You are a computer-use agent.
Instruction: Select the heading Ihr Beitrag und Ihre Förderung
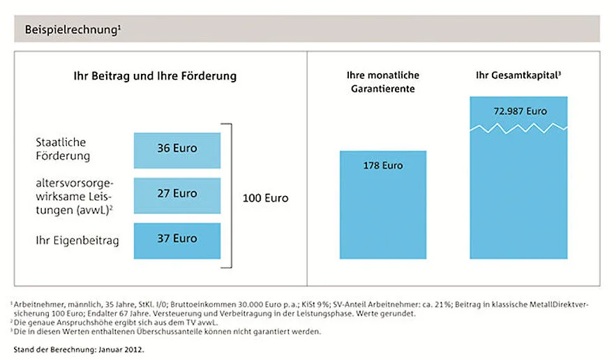click(x=155, y=76)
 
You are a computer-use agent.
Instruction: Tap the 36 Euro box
click(x=177, y=149)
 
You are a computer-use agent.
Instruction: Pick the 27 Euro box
click(x=177, y=193)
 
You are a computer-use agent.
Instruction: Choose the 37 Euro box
click(x=177, y=239)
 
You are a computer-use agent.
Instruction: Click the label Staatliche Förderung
click(x=63, y=149)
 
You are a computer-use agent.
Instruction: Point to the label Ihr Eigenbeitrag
click(x=77, y=241)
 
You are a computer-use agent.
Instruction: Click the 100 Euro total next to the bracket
click(x=265, y=198)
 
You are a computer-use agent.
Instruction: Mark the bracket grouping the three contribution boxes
click(x=228, y=195)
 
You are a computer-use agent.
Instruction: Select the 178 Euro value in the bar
click(x=382, y=166)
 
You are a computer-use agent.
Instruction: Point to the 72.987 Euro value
click(x=518, y=111)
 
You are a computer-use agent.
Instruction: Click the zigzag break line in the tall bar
click(x=518, y=127)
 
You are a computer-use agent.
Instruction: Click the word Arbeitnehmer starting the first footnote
click(x=34, y=304)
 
